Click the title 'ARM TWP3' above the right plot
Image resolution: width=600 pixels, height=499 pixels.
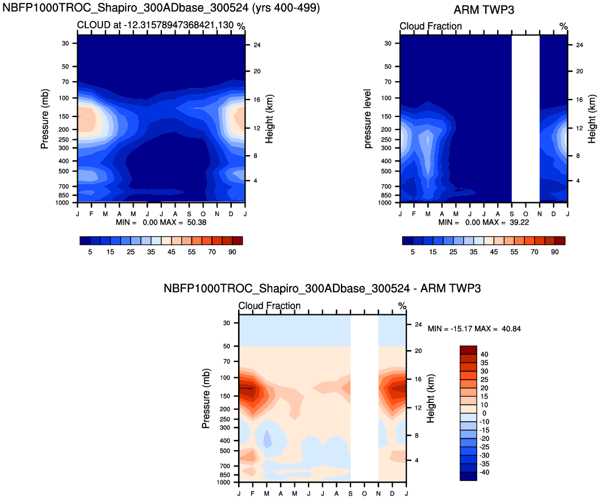tap(484, 10)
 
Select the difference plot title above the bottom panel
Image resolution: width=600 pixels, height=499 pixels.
tap(322, 289)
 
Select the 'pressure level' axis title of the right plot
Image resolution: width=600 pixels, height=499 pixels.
tap(368, 119)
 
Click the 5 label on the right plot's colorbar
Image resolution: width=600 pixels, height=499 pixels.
tap(413, 252)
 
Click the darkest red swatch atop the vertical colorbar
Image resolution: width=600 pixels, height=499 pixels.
tap(468, 350)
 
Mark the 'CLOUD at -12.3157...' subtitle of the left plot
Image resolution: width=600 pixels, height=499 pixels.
tap(156, 26)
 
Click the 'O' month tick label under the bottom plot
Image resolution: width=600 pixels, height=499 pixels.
tap(364, 492)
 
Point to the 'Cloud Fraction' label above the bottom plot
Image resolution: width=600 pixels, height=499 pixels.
tap(269, 306)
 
